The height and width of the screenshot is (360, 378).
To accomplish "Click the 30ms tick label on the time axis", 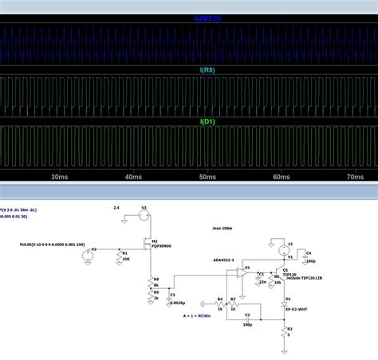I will point(57,176).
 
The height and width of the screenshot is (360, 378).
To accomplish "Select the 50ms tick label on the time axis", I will point(207,176).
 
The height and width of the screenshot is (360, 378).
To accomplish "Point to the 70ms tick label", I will point(355,176).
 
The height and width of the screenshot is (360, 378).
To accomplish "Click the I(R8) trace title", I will point(207,70).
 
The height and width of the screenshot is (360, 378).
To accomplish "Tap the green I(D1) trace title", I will point(207,121).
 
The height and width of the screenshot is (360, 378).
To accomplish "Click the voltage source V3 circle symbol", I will point(144,213).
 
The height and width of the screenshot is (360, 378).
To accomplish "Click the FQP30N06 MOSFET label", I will point(162,247).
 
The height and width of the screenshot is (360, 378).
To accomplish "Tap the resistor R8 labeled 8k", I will point(152,281).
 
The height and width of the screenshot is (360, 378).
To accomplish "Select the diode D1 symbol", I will point(285,303).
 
